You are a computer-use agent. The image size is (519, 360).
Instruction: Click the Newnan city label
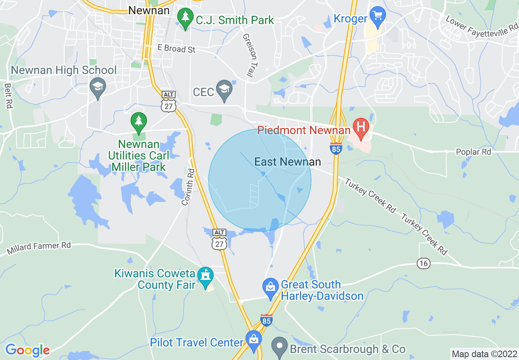(x=149, y=10)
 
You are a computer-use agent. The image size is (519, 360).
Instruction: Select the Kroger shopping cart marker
(x=377, y=16)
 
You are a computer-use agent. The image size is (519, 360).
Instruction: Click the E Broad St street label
(x=176, y=49)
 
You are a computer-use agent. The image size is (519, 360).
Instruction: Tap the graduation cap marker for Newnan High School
(x=98, y=88)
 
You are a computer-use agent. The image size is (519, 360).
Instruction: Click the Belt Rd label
(x=8, y=96)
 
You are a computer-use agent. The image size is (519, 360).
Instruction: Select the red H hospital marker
(x=361, y=127)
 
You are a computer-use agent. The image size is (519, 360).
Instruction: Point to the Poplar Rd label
(x=473, y=152)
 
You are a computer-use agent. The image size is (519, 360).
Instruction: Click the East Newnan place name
(x=287, y=162)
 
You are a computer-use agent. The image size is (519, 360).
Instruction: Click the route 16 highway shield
(x=424, y=263)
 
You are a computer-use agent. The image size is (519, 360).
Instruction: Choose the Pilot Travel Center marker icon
(x=253, y=340)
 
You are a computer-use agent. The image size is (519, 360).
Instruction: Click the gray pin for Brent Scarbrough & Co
(x=280, y=347)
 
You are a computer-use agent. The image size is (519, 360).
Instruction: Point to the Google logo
(x=27, y=350)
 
